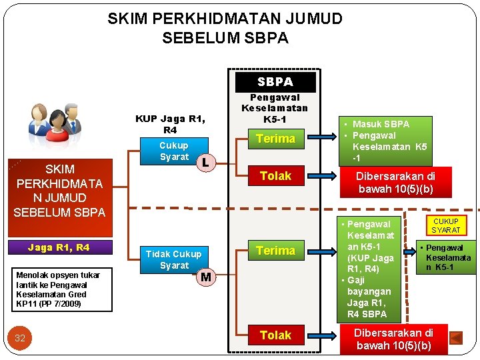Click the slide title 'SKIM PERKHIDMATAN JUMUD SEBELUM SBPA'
point(225,28)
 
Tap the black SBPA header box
point(275,82)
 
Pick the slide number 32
point(20,338)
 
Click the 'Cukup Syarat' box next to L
point(174,151)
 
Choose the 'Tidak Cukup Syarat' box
point(173,259)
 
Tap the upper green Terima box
point(275,139)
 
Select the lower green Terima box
point(275,251)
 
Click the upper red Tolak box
point(275,176)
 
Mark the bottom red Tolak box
point(275,335)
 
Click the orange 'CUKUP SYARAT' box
point(446,225)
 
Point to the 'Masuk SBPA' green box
point(385,141)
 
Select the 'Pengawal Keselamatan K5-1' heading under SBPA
point(275,108)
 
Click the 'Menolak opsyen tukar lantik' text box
point(59,289)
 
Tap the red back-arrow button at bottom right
point(456,338)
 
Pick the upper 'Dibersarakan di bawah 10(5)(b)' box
point(395,183)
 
